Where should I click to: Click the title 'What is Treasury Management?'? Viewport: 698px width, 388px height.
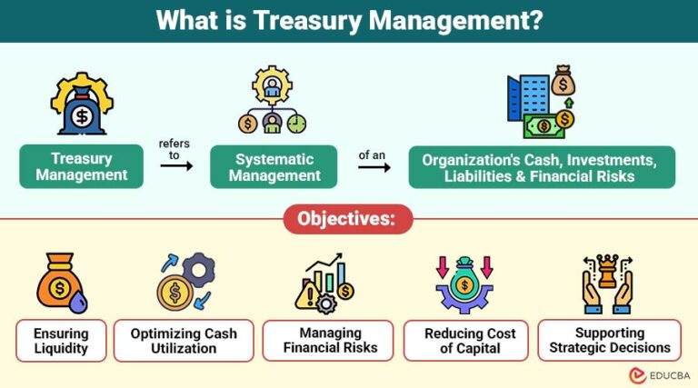(349, 20)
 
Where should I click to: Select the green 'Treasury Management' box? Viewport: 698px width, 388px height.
(82, 166)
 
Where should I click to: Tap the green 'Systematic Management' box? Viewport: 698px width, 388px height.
(274, 166)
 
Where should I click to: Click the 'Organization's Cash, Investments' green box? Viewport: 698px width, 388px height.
(542, 166)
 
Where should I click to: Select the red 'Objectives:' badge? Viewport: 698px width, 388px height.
(348, 219)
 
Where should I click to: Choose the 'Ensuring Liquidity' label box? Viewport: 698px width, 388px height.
(61, 341)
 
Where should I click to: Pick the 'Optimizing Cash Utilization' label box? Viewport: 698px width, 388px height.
(184, 341)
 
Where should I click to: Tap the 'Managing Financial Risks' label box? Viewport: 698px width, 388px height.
(328, 341)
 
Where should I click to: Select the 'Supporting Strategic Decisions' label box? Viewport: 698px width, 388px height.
(609, 341)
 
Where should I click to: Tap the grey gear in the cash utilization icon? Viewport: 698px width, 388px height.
(197, 269)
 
